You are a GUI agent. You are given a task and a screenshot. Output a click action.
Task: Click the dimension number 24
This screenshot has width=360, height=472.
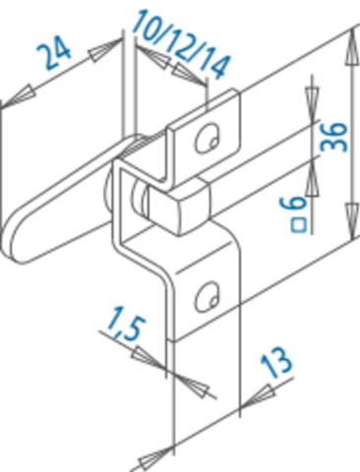coord(53,52)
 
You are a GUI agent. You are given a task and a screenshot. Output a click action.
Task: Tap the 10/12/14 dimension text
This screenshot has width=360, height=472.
coord(181,43)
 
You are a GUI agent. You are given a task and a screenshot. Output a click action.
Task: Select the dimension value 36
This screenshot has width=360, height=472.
coord(333,137)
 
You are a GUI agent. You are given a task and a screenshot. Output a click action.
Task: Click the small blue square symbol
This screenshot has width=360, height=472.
coord(298,225)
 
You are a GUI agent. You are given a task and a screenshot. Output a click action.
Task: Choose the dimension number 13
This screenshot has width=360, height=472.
coord(276,362)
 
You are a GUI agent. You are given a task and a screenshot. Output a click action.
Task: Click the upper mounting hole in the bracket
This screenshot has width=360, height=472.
coord(208,139)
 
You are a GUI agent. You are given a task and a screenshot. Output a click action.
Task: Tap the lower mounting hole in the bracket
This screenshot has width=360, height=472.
coord(208,297)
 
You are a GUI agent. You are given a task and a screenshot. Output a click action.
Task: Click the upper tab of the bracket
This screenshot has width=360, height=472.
coord(204,135)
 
